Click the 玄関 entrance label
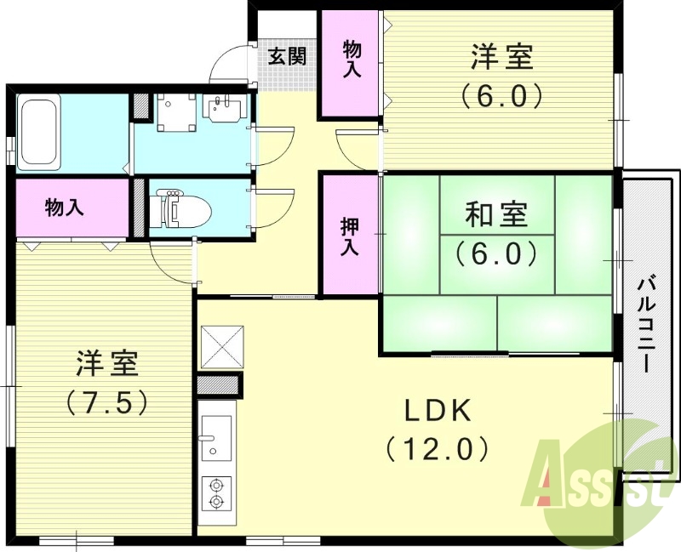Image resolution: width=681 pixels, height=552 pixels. [287, 57]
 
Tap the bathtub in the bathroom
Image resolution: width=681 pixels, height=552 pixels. [39, 133]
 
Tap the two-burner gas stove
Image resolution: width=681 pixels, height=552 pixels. [215, 493]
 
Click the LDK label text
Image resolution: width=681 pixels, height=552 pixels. [437, 411]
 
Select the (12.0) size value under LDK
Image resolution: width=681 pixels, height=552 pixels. [437, 447]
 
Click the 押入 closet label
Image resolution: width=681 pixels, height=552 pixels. [349, 237]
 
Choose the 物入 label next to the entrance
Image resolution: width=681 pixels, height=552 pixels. [351, 60]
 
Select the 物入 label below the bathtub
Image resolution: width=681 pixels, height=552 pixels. [65, 207]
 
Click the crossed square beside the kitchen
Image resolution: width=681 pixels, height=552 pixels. [221, 345]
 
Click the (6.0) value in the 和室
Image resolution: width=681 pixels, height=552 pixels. [496, 253]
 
